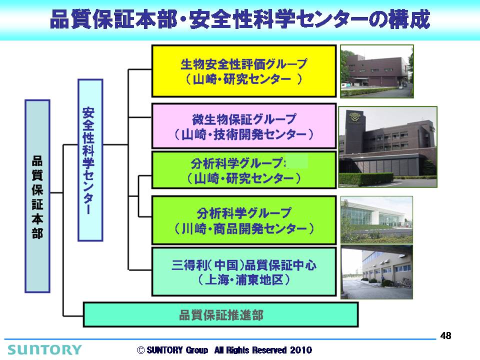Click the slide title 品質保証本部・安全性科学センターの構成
pos(240,19)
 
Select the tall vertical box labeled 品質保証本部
pos(37,196)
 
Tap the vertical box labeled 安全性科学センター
pos(90,160)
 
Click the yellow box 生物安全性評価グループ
pos(244,71)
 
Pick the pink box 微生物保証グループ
pos(244,126)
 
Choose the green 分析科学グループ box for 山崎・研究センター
pos(244,170)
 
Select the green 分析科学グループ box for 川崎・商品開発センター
pos(244,220)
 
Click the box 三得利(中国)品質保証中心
pos(244,272)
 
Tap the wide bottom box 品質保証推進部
pos(220,314)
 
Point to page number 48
pos(445,336)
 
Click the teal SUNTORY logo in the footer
pos(44,349)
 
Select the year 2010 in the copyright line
pos(301,350)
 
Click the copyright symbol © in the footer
pos(141,350)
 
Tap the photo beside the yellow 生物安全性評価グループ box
pos(377,71)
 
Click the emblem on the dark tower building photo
pos(354,116)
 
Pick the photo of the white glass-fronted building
pos(376,220)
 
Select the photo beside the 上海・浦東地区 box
pos(376,272)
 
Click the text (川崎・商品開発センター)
pos(244,228)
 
